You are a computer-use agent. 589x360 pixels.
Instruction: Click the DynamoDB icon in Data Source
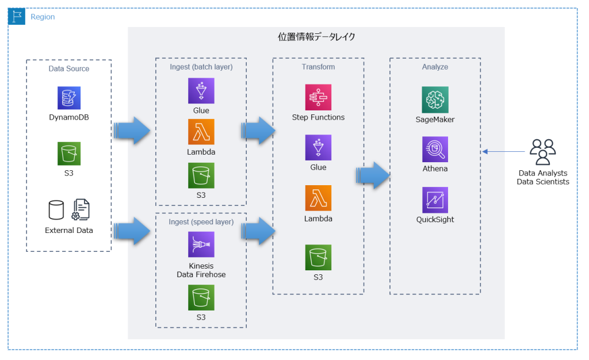tap(69, 98)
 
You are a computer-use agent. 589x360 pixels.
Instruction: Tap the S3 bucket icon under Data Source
tap(69, 154)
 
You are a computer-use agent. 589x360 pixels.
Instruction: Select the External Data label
tap(68, 231)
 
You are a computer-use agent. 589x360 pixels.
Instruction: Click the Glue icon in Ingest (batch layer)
tap(201, 91)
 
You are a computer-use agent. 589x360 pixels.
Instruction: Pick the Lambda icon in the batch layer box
tap(201, 132)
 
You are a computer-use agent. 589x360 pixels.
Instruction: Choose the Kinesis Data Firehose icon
tap(201, 244)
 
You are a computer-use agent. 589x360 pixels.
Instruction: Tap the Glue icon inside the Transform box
tap(318, 148)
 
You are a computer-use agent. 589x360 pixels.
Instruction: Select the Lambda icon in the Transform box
tap(318, 198)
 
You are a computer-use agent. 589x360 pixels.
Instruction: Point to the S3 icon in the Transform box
tap(318, 257)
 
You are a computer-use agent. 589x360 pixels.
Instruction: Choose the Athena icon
tap(435, 150)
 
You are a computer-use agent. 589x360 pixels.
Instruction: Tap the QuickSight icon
tap(435, 200)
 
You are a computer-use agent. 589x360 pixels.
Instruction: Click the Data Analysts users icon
tap(542, 152)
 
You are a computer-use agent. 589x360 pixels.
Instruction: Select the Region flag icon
tap(17, 17)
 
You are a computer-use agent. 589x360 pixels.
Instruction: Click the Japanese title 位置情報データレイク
tap(316, 37)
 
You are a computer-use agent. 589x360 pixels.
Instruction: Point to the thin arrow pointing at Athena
tap(504, 152)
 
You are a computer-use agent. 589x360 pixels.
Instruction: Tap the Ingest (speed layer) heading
tap(201, 222)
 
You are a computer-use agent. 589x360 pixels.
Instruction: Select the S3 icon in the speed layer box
tap(201, 298)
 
